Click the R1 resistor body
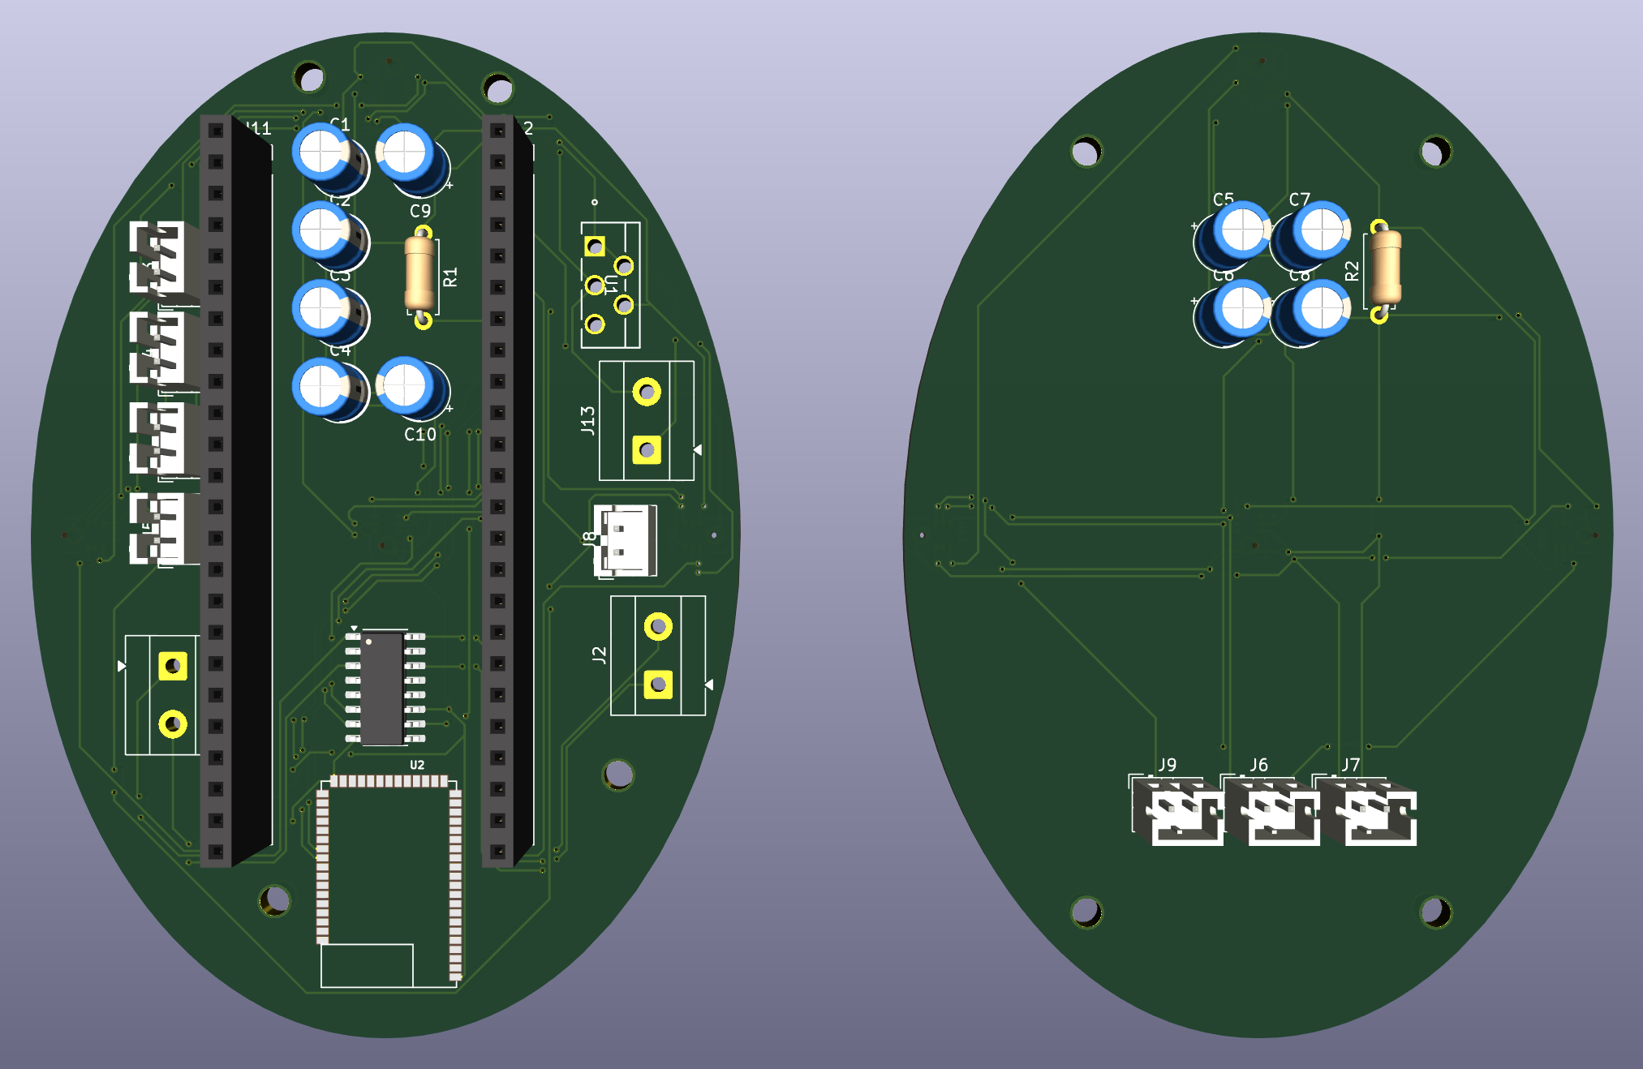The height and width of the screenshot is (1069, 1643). pos(419,273)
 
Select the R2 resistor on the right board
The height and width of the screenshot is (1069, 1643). pos(1385,268)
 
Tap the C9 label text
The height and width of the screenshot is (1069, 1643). pos(419,211)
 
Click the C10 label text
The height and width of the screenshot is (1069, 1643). pos(419,435)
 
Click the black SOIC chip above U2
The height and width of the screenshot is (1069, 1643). pos(383,688)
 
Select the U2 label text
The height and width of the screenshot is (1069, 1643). pos(416,765)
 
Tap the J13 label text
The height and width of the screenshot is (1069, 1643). pos(587,420)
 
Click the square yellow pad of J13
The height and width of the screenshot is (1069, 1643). pos(647,449)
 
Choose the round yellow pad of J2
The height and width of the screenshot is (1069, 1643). pos(658,626)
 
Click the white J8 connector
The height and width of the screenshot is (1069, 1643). pos(624,540)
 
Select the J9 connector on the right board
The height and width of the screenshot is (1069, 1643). pos(1178,811)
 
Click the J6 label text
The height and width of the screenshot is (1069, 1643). pos(1258,765)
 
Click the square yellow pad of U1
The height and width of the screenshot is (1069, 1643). pos(595,246)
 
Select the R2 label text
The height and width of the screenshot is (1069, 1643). pos(1352,271)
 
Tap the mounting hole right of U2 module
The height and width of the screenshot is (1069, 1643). pos(618,775)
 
